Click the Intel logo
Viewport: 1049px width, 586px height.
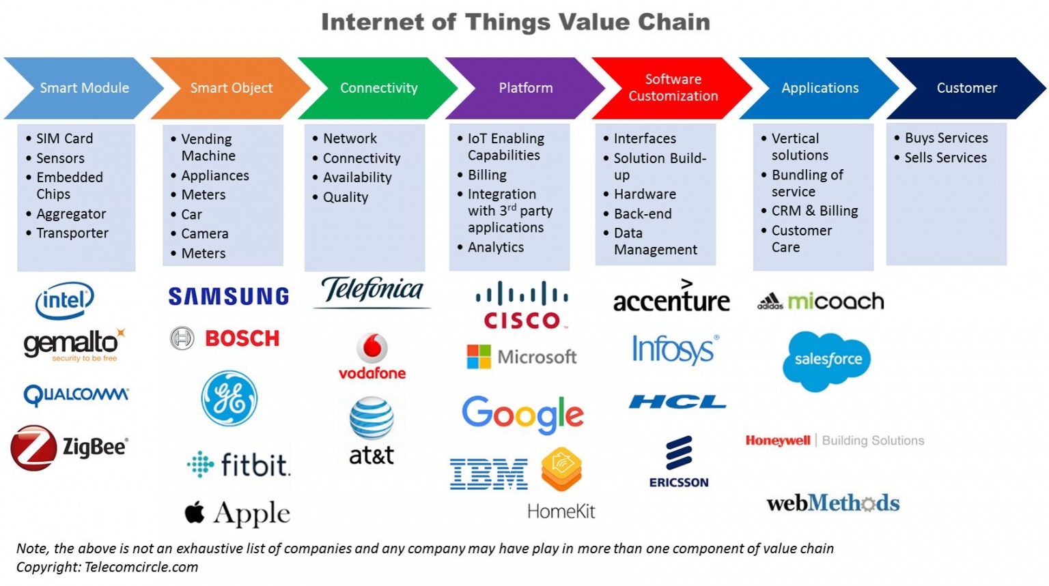(x=64, y=300)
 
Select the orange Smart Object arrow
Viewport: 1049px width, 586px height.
(x=231, y=88)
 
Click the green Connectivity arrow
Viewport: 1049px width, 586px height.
(x=378, y=88)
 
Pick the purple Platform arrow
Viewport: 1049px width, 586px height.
(x=525, y=88)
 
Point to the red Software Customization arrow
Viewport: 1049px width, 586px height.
(x=673, y=88)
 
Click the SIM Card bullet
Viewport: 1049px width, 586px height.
(x=64, y=138)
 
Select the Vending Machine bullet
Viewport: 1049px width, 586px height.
(x=208, y=147)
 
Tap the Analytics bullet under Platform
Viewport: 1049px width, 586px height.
(x=495, y=247)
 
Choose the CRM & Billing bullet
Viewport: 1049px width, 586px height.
(x=814, y=211)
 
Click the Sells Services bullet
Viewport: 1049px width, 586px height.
(x=945, y=158)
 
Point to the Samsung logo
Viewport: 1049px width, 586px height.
(x=229, y=296)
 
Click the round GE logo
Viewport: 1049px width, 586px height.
(x=229, y=399)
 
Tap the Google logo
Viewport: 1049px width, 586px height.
(x=522, y=413)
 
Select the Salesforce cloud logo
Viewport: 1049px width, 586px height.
(x=827, y=360)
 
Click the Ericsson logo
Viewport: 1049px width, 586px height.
(x=679, y=463)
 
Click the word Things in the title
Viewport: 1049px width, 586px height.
(x=508, y=22)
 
